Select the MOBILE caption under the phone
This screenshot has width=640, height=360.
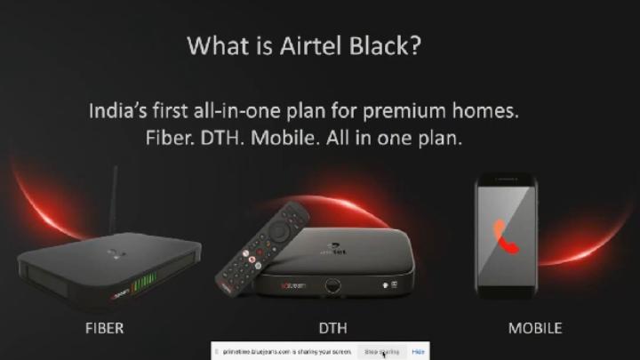click(534, 328)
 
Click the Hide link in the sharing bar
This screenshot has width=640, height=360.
click(417, 352)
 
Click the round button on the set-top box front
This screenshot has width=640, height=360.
click(334, 287)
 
